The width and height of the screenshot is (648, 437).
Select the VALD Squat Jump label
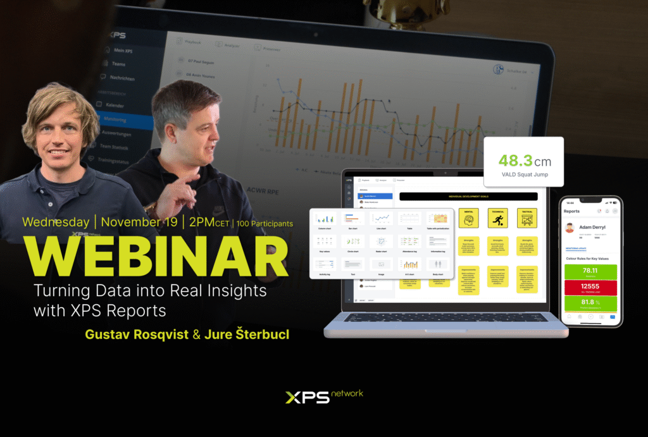click(x=523, y=175)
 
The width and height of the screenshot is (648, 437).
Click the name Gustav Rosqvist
click(x=137, y=335)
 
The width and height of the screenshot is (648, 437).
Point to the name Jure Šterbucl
click(x=246, y=335)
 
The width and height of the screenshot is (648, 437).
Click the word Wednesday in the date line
click(x=55, y=222)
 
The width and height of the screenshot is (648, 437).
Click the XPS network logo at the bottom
click(x=323, y=397)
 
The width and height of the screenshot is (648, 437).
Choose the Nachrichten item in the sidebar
click(x=122, y=78)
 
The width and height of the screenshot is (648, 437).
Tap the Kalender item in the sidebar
click(x=116, y=104)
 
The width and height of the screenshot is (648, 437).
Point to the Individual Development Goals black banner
click(x=468, y=197)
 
